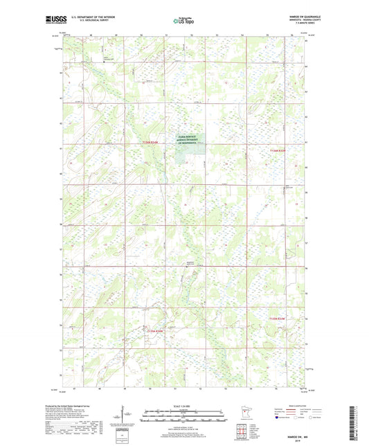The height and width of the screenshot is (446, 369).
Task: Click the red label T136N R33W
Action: coord(278,150)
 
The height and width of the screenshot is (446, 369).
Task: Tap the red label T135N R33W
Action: coord(277,319)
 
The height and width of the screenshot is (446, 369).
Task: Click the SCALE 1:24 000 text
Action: coord(184,407)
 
